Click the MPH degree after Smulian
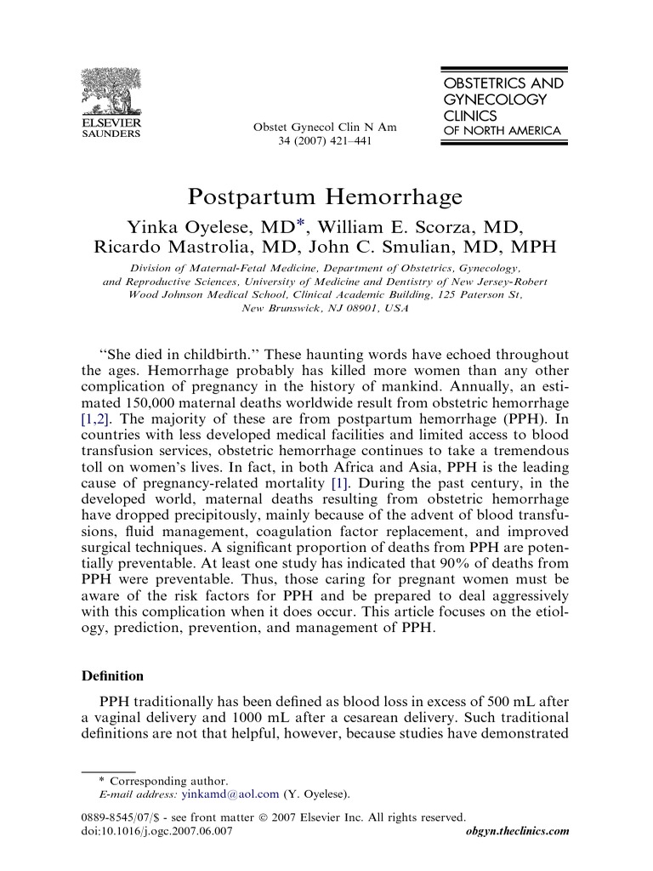(x=532, y=248)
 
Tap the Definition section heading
(x=112, y=677)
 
